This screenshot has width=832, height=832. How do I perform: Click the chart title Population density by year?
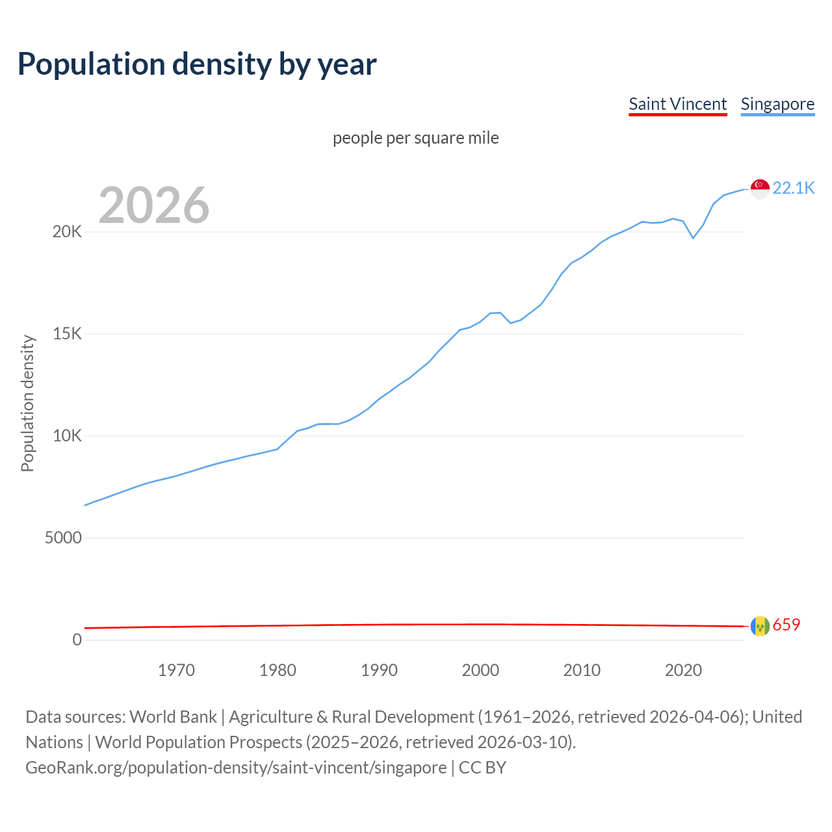[197, 64]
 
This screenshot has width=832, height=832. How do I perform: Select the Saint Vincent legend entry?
[677, 104]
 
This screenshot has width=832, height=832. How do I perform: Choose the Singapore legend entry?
[777, 104]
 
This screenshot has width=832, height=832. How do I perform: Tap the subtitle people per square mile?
[415, 138]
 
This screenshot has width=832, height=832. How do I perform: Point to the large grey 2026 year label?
[154, 205]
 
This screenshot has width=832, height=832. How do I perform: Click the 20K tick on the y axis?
[67, 232]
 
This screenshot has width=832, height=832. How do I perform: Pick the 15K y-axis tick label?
[67, 334]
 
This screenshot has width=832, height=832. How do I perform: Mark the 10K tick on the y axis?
[67, 436]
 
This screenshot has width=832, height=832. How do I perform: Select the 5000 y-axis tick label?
[63, 538]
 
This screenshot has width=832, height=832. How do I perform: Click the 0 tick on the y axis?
[77, 640]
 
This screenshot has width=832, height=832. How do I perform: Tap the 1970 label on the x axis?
[176, 670]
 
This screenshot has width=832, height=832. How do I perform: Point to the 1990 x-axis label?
[379, 670]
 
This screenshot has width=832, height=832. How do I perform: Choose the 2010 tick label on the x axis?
[582, 670]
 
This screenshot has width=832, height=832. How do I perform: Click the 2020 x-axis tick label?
[683, 670]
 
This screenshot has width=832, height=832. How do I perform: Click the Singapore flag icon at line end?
[760, 188]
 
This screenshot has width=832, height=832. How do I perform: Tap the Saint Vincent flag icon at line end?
[760, 626]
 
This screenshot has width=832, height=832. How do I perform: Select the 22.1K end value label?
[794, 188]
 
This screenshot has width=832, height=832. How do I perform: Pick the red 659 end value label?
[786, 625]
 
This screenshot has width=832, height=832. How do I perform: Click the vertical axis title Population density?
[27, 403]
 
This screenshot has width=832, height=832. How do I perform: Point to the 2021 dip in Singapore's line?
[693, 238]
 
